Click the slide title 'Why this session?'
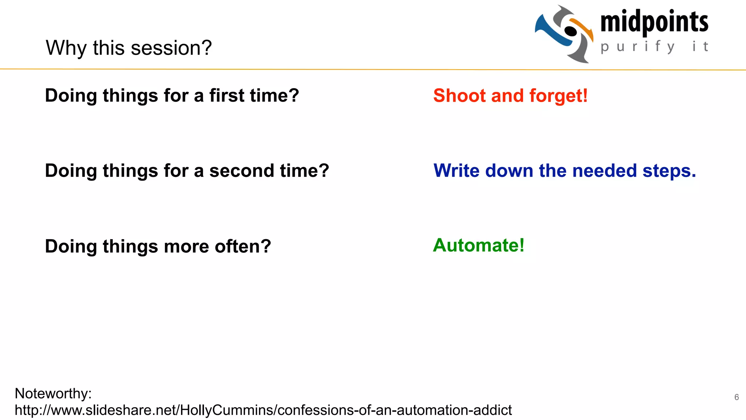click(x=129, y=48)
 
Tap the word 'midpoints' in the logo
click(x=654, y=22)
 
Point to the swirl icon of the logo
click(x=564, y=34)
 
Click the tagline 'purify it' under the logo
click(x=654, y=47)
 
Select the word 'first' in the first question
click(x=227, y=96)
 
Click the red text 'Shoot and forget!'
click(x=510, y=96)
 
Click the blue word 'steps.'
click(x=669, y=171)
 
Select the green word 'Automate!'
click(x=479, y=245)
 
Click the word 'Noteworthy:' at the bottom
click(x=53, y=393)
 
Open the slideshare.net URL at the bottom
click(x=263, y=410)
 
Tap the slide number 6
click(x=737, y=397)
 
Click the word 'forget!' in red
click(x=558, y=96)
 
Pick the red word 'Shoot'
click(x=460, y=96)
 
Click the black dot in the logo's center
click(x=570, y=32)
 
